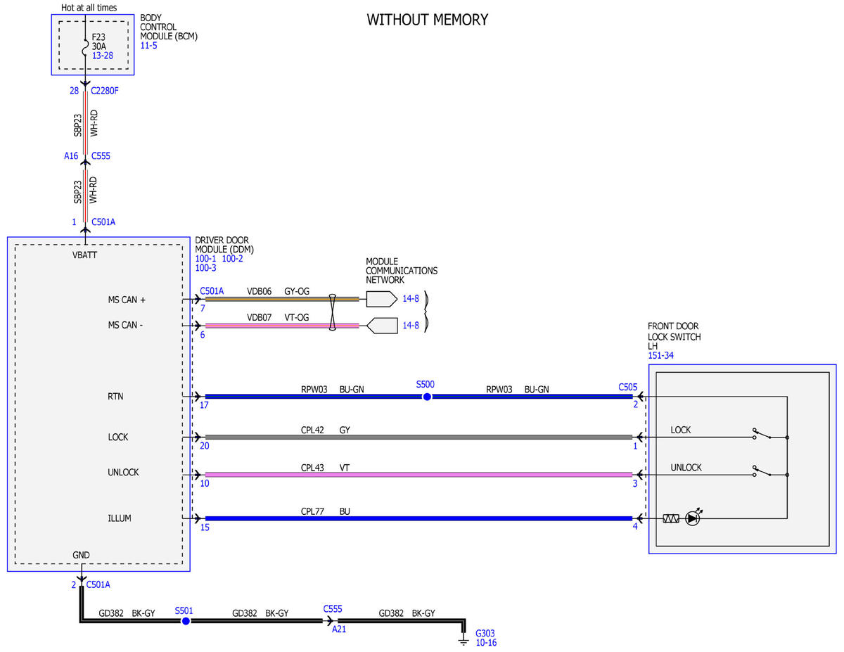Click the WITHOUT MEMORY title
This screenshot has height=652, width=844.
[x=427, y=20]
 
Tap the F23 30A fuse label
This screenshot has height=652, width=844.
[x=98, y=41]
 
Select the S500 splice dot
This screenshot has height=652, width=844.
[x=427, y=397]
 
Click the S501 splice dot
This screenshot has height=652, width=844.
[x=186, y=621]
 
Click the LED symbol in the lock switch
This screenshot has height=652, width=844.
[x=693, y=518]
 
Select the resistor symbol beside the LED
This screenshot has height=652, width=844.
[x=671, y=518]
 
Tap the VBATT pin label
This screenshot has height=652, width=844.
[x=84, y=255]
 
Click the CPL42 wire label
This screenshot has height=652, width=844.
[x=312, y=430]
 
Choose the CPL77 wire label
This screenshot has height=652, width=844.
[x=312, y=511]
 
